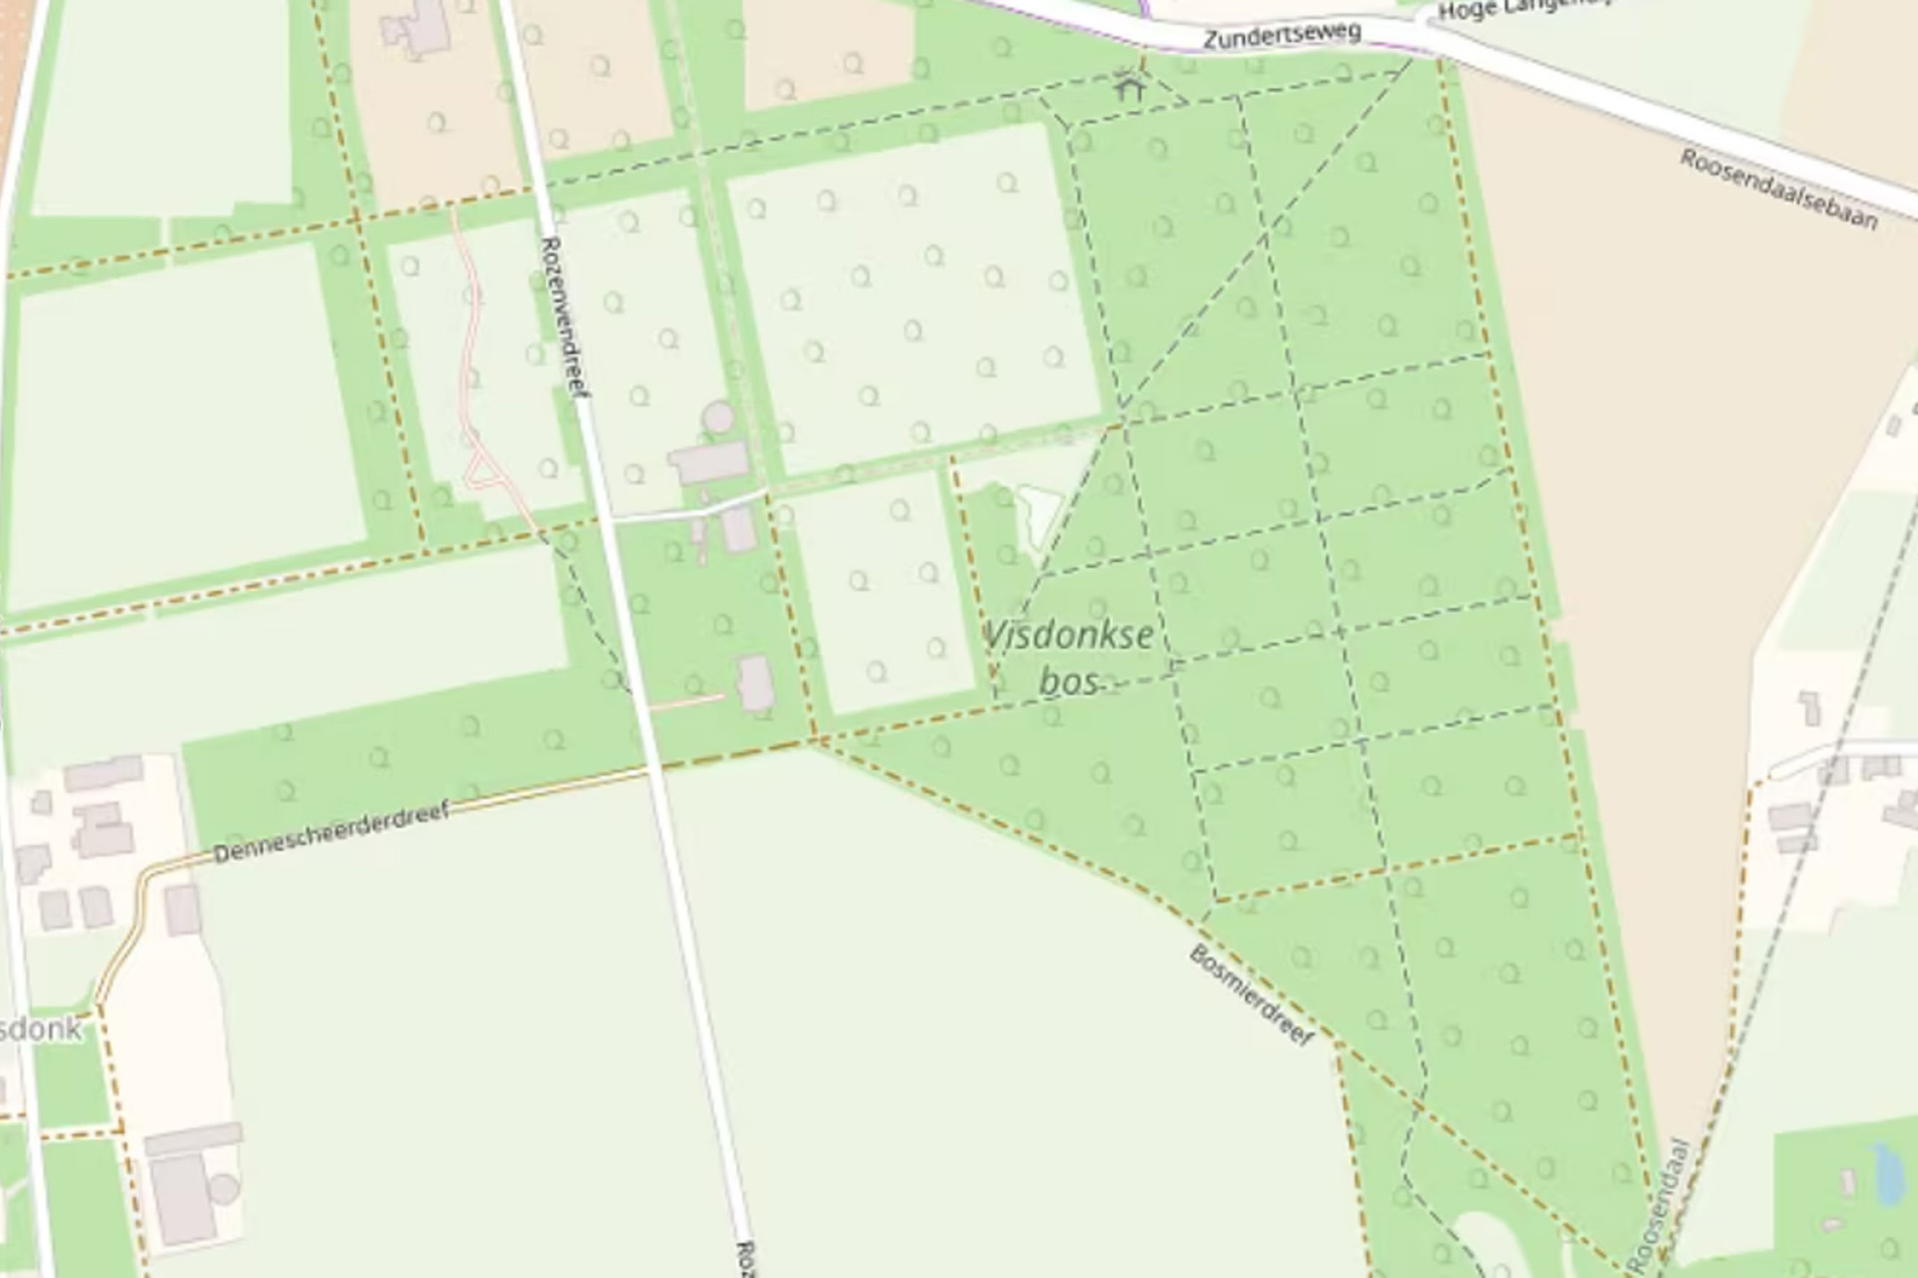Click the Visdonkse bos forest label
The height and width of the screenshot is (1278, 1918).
(1069, 657)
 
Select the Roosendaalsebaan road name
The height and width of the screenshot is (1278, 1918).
(1778, 189)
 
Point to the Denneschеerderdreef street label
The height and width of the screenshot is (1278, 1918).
(331, 833)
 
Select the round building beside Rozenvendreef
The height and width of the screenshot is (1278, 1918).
(717, 417)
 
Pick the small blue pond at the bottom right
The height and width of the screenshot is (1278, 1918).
(1887, 1173)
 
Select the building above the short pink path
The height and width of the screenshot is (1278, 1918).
(754, 683)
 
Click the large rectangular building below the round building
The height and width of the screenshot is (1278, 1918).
(708, 462)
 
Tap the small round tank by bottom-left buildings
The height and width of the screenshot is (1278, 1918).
(224, 1188)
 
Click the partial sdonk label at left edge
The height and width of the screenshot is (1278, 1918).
(40, 1028)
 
